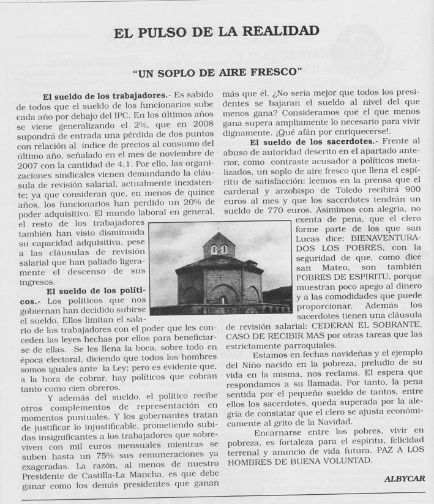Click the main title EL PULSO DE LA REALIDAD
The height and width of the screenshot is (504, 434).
coord(217,31)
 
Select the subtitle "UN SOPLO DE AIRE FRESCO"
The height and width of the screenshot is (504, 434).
coord(217,72)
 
